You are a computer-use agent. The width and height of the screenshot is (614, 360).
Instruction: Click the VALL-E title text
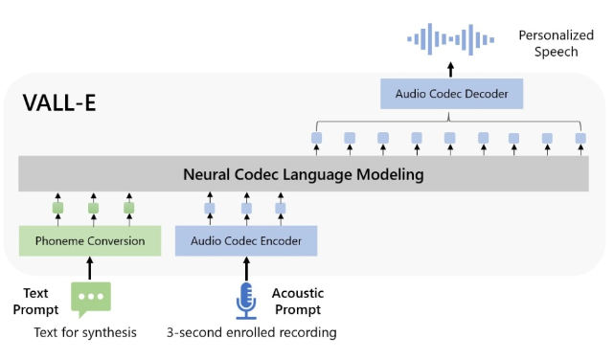[x=58, y=102]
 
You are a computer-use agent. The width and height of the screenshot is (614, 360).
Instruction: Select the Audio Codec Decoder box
[x=451, y=94]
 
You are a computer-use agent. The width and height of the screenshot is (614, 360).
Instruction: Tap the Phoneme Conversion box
[x=90, y=241]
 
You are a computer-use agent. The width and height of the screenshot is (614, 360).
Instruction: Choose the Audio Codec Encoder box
[x=246, y=241]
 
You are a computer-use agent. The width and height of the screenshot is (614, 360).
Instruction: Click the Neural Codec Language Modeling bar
[x=304, y=175]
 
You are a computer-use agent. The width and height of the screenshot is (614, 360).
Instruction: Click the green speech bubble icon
[x=91, y=298]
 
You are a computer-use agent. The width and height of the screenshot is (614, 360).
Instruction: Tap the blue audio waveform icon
[x=451, y=39]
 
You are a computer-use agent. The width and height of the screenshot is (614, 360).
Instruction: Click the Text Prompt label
[x=35, y=302]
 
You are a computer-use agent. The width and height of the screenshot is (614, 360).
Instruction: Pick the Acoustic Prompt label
[x=298, y=302]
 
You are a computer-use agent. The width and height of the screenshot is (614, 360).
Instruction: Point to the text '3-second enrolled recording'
[x=251, y=333]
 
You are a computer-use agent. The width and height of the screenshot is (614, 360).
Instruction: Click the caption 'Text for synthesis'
[x=85, y=333]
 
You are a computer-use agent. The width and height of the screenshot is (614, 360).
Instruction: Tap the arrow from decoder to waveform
[x=451, y=68]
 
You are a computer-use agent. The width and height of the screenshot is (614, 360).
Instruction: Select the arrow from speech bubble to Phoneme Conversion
[x=91, y=268]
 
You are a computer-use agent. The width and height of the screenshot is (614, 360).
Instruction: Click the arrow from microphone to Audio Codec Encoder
[x=246, y=268]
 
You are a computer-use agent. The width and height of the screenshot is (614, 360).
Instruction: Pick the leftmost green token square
[x=57, y=208]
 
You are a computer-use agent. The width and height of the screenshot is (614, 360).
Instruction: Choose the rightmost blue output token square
[x=580, y=138]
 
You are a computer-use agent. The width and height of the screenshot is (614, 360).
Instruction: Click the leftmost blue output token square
[x=317, y=138]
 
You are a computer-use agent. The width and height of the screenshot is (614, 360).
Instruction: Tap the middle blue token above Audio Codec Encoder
[x=246, y=208]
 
